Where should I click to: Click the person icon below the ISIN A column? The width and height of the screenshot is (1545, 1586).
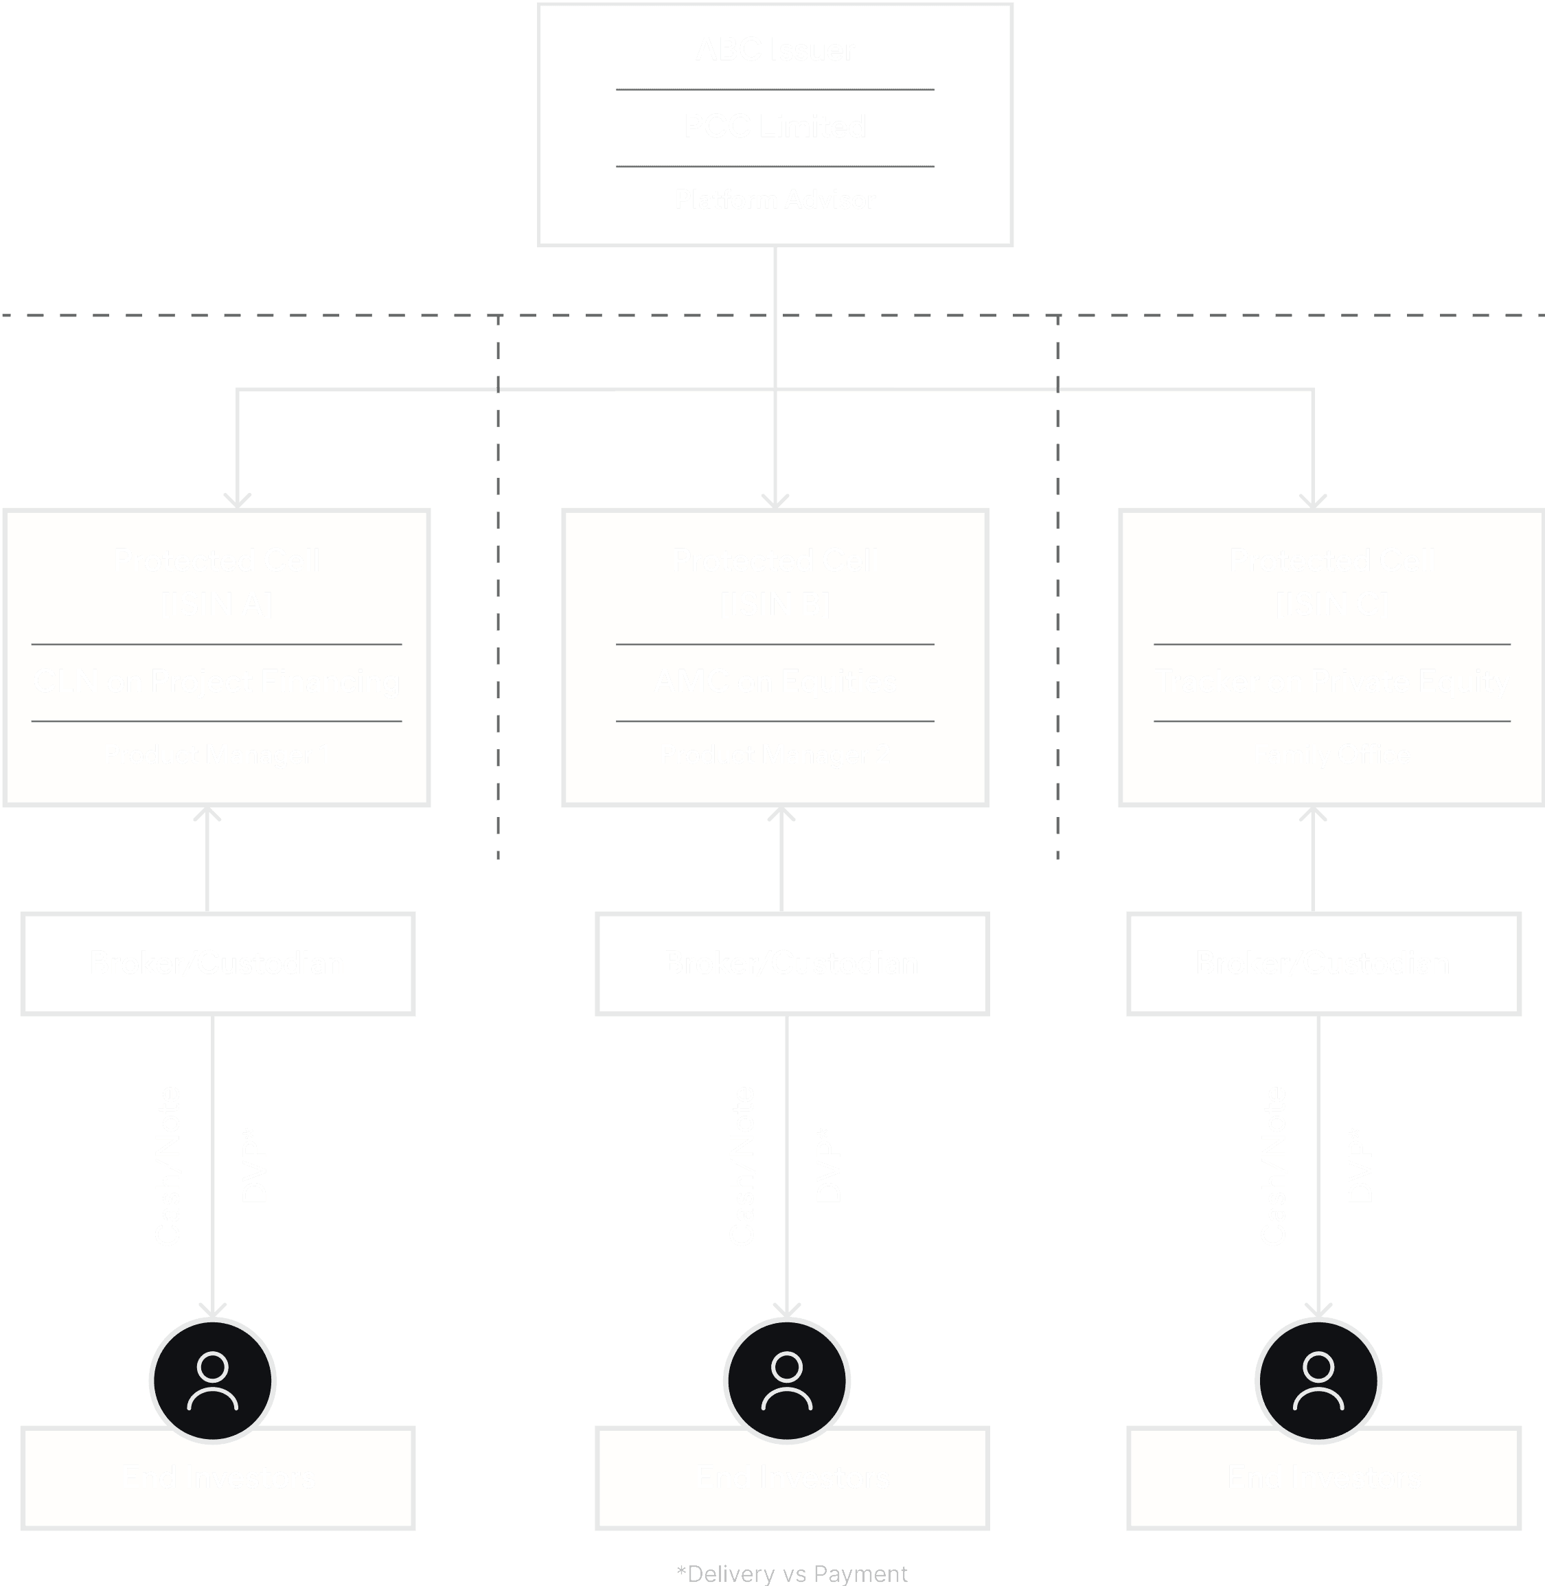[213, 1380]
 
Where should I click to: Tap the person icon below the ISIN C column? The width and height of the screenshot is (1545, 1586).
[1318, 1380]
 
